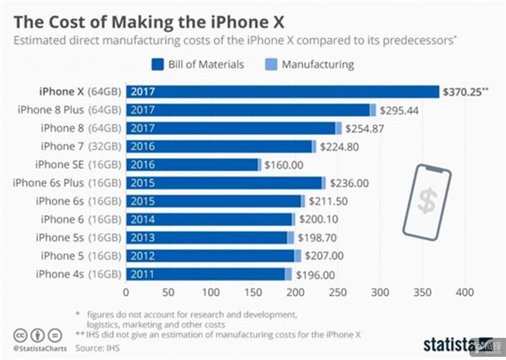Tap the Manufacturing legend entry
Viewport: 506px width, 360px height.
coord(309,65)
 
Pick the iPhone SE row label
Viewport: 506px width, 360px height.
coord(66,164)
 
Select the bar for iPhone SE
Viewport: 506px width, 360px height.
coord(194,164)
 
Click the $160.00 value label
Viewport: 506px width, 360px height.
coord(284,165)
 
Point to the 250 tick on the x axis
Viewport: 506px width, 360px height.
coord(338,293)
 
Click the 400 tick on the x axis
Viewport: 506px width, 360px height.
coord(465,293)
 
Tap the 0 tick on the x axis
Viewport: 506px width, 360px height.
coord(126,293)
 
